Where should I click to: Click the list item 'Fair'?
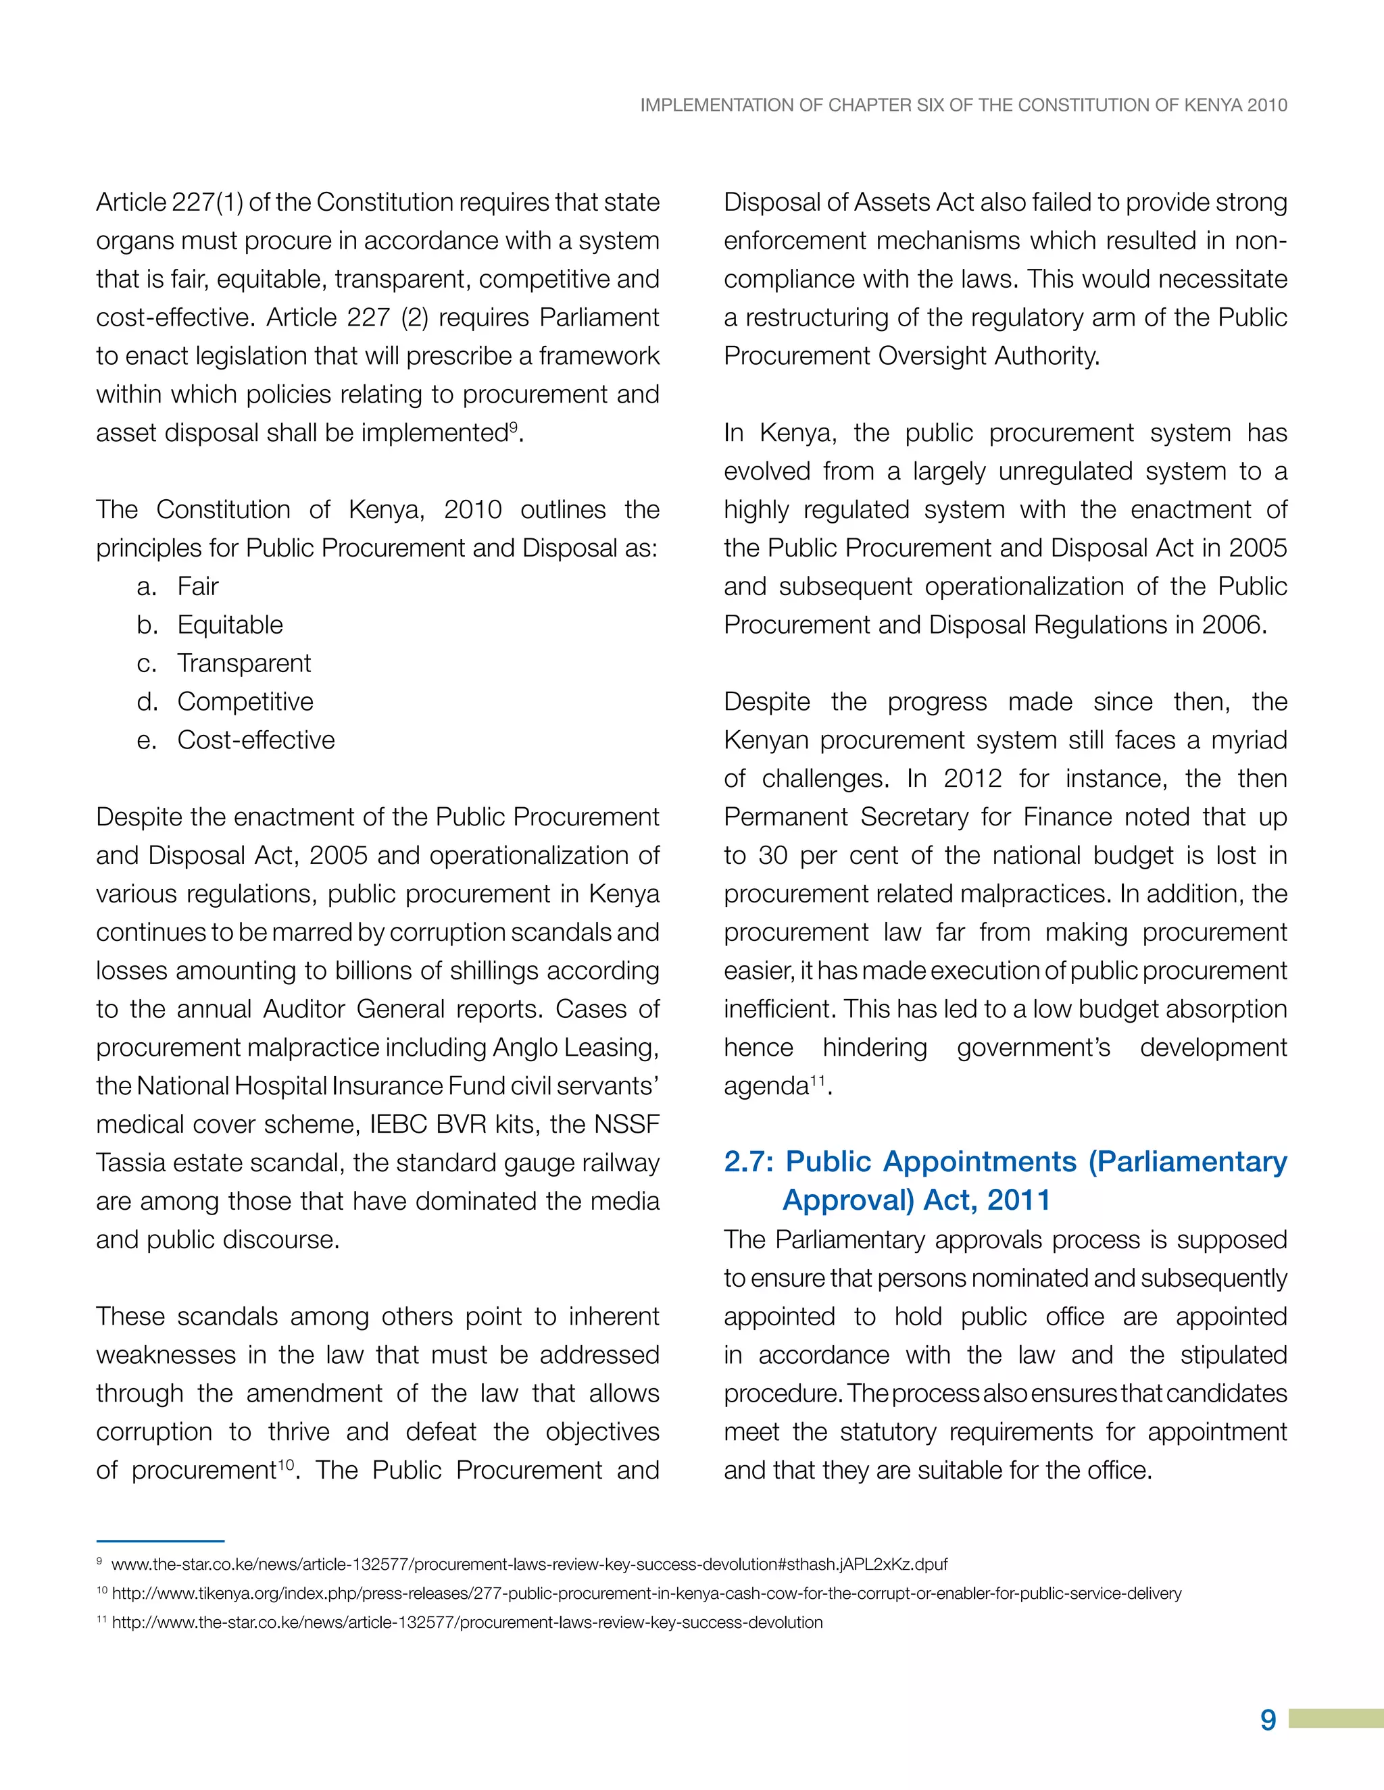[x=197, y=587]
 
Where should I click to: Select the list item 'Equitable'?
[x=230, y=625]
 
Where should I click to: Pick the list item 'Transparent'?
[x=243, y=663]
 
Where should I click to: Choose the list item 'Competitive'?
[x=245, y=702]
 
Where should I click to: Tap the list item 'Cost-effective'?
[x=256, y=740]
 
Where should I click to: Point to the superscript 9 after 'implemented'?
[x=514, y=426]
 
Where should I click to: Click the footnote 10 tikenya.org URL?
[x=646, y=1593]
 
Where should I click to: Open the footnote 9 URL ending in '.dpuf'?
[x=529, y=1564]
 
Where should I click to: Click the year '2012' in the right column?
[x=972, y=779]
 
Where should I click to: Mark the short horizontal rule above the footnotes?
[x=160, y=1541]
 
